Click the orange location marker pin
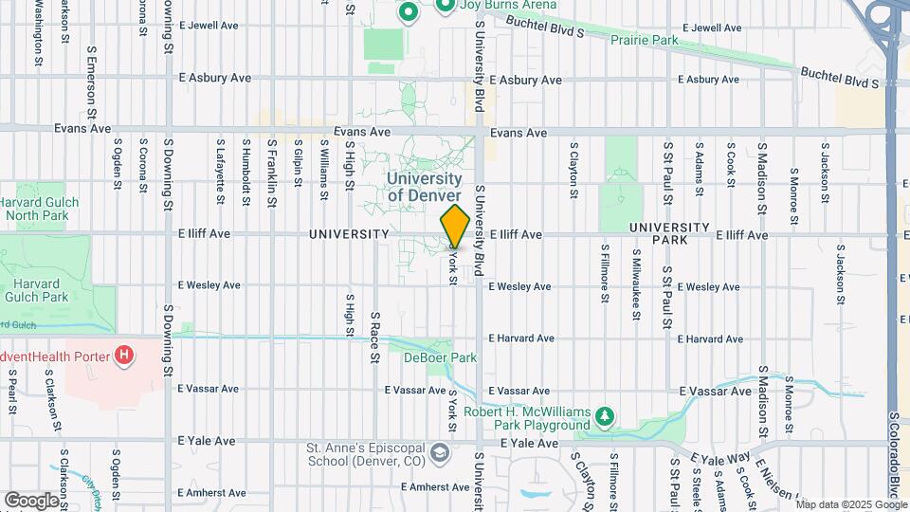455,227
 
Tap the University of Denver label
425,187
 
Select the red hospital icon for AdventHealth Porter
122,357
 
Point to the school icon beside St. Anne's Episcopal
440,453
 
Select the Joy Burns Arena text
495,6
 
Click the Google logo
31,500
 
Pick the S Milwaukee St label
636,275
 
